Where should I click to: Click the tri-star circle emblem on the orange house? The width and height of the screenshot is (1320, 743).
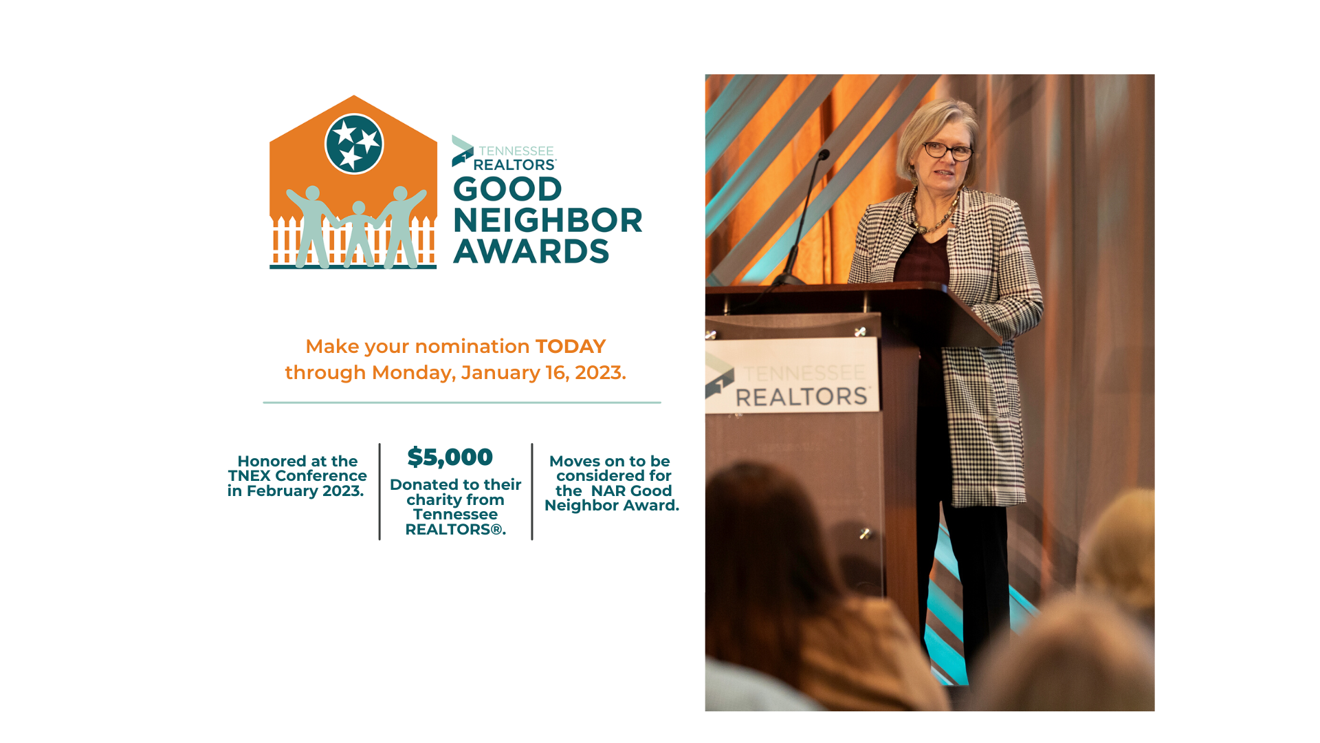click(354, 144)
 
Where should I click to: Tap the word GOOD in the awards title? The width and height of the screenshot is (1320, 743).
click(507, 189)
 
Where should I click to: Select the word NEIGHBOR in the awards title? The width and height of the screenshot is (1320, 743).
click(548, 220)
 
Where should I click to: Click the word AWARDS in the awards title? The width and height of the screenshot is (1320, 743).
click(531, 251)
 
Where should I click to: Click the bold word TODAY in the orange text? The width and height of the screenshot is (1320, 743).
click(571, 346)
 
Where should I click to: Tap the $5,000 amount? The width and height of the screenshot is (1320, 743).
click(450, 457)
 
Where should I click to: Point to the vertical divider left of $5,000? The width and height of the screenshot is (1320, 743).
click(379, 492)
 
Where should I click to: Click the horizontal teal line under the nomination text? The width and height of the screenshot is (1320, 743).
click(462, 402)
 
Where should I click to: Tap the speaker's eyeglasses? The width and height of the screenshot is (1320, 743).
click(947, 151)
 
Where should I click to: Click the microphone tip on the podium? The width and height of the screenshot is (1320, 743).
click(824, 155)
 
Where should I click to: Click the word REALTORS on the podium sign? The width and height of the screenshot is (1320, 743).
click(802, 397)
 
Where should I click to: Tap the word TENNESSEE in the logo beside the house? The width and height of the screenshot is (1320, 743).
click(516, 151)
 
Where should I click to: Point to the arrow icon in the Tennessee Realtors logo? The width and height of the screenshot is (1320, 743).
click(462, 151)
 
